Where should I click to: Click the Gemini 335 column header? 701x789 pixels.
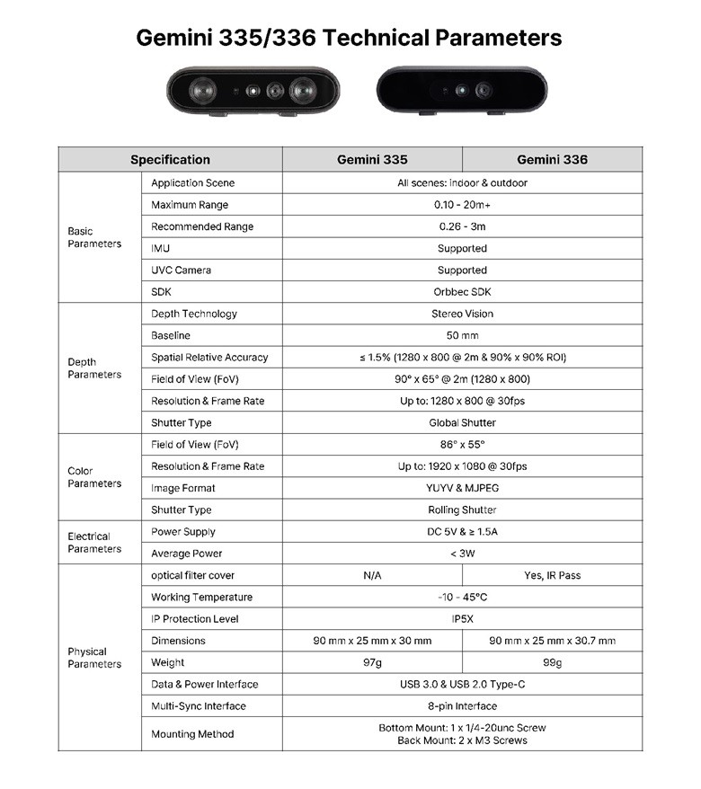coord(372,160)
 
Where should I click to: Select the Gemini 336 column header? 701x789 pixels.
coord(552,160)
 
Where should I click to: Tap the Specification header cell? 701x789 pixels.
coord(170,160)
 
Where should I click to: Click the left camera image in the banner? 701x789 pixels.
coord(253,92)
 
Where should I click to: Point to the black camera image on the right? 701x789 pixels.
coord(462,90)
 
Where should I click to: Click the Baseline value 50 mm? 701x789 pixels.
coord(462,335)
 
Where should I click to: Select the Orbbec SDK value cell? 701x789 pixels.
coord(462,292)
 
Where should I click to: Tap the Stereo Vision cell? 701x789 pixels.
coord(462,314)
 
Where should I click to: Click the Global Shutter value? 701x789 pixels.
coord(462,422)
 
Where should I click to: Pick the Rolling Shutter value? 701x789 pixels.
coord(462,510)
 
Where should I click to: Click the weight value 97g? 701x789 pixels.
coord(372,662)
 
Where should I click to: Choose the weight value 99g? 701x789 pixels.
coord(552,662)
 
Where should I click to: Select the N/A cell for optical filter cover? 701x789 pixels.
coord(372,575)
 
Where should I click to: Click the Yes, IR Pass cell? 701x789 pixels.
coord(552,575)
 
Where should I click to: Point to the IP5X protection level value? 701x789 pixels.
coord(462,619)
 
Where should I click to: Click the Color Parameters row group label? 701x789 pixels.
coord(93,477)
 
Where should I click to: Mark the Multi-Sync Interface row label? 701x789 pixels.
coord(198,706)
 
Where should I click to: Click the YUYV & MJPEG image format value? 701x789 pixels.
coord(462,488)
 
